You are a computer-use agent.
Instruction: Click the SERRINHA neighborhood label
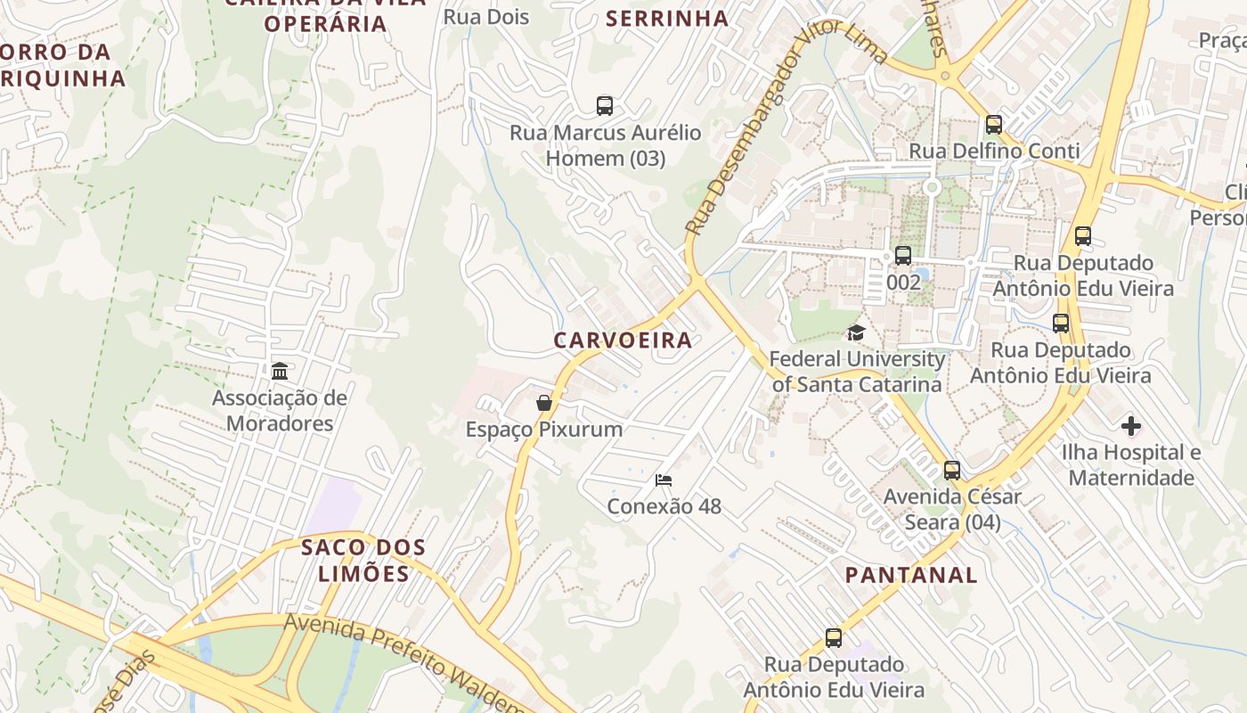coord(667,18)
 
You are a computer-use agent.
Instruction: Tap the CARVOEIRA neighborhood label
coord(623,340)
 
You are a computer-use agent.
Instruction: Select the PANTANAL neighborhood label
coord(911,575)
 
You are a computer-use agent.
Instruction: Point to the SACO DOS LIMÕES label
coord(363,560)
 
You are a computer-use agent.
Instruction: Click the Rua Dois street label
coord(486,17)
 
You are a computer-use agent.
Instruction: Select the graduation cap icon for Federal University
coord(856,333)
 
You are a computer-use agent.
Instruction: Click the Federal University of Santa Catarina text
coord(856,372)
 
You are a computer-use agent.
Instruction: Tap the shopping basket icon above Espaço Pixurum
coord(544,404)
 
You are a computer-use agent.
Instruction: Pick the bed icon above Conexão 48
coord(664,480)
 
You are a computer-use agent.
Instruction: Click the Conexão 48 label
coord(664,506)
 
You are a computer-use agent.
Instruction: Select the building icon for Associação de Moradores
coord(280,371)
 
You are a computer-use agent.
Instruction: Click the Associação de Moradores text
coord(280,410)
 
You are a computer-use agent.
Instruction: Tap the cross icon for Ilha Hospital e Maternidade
coord(1131,427)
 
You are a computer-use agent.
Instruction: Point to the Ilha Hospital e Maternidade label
coord(1131,465)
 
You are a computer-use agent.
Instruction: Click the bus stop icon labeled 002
coord(903,256)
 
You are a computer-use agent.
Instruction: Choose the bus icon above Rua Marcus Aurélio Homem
coord(605,106)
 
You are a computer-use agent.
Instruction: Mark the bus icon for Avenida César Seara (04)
coord(952,470)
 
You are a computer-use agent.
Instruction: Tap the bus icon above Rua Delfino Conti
coord(994,125)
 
